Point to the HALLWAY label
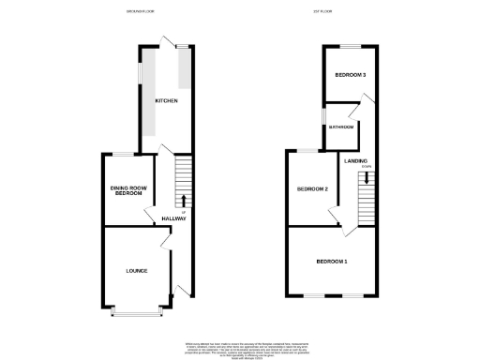[x=174, y=218]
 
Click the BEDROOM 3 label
[x=351, y=74]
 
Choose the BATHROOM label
[x=340, y=127]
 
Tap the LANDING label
[x=355, y=161]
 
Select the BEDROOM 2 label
[x=312, y=188]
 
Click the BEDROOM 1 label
[x=331, y=260]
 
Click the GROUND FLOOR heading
[x=142, y=11]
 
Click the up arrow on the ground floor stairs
[x=182, y=200]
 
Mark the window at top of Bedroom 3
[x=351, y=45]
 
